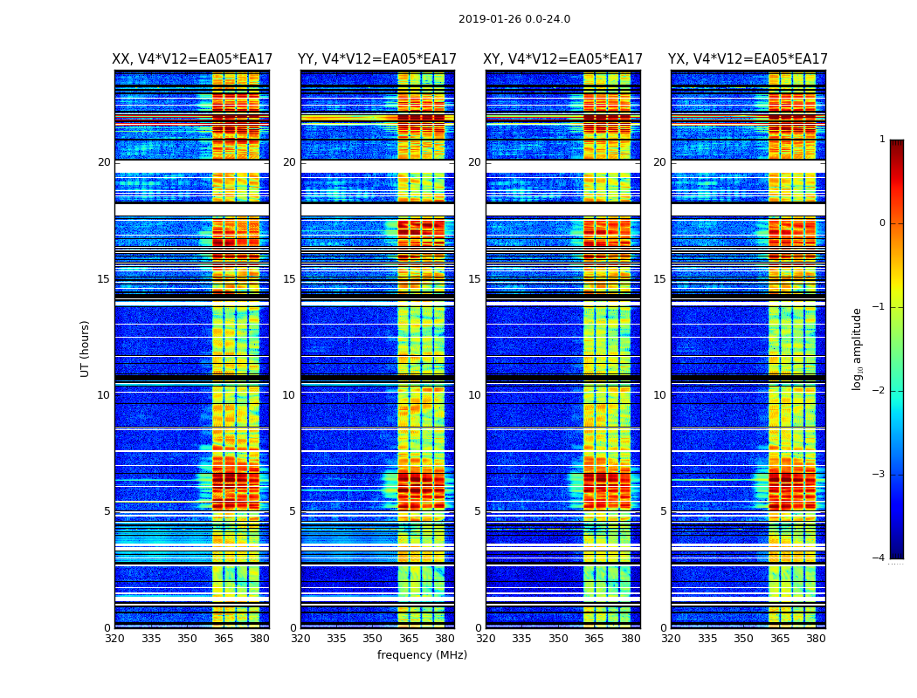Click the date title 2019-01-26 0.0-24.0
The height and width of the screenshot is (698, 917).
514,19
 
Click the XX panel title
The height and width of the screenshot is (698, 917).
192,59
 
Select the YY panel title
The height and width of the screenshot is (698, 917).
377,59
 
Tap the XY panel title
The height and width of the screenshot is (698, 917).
563,59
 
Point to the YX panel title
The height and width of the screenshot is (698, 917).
748,59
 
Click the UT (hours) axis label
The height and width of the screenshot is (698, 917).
85,348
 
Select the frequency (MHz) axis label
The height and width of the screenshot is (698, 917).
422,655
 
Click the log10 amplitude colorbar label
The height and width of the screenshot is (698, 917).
857,348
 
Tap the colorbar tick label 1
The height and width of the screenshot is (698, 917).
882,140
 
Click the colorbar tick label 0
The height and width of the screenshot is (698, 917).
882,223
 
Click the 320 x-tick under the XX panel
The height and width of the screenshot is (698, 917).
114,639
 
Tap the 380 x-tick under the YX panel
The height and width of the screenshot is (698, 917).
816,639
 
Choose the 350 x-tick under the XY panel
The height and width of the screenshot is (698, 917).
558,639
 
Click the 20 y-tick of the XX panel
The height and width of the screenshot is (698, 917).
104,162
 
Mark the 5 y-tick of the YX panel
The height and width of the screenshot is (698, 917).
663,511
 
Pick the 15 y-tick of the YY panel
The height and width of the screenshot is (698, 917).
289,279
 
